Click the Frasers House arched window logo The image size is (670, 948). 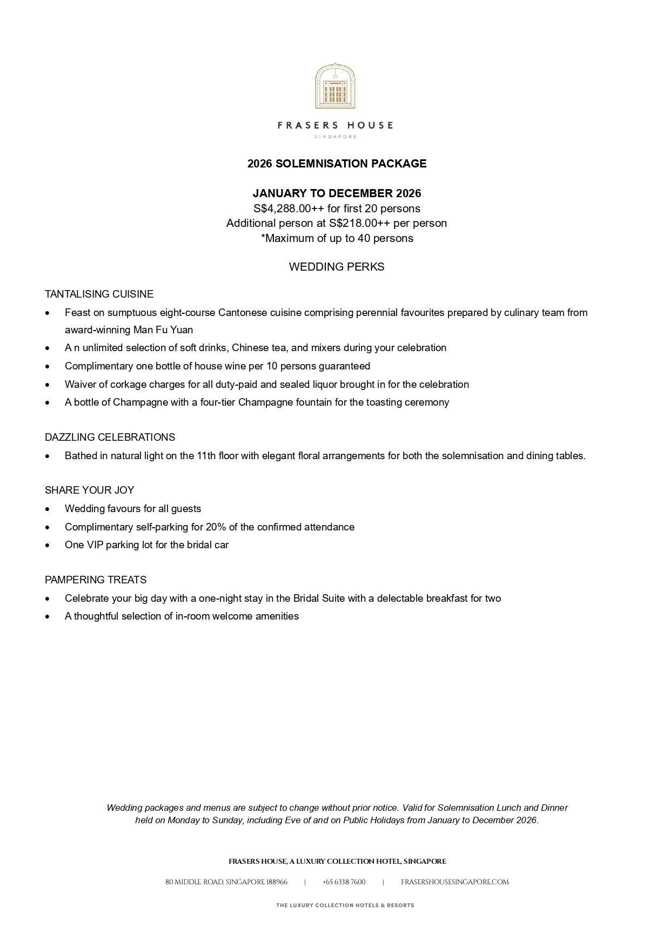335,86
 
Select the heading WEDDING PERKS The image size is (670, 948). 337,267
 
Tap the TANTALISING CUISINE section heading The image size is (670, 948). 99,294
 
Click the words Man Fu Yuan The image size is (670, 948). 163,330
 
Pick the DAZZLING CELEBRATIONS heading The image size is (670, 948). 110,438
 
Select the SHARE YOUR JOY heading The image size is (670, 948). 89,490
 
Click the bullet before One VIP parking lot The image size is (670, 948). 48,546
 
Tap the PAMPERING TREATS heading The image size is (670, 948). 96,580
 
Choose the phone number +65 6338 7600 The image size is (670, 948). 344,882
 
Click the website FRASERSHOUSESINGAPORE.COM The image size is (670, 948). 454,882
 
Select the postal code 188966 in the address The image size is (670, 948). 277,882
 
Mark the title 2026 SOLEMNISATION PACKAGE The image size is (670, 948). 337,164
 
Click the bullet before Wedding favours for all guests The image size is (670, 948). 48,509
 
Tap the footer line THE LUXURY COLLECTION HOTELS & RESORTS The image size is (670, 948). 345,905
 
